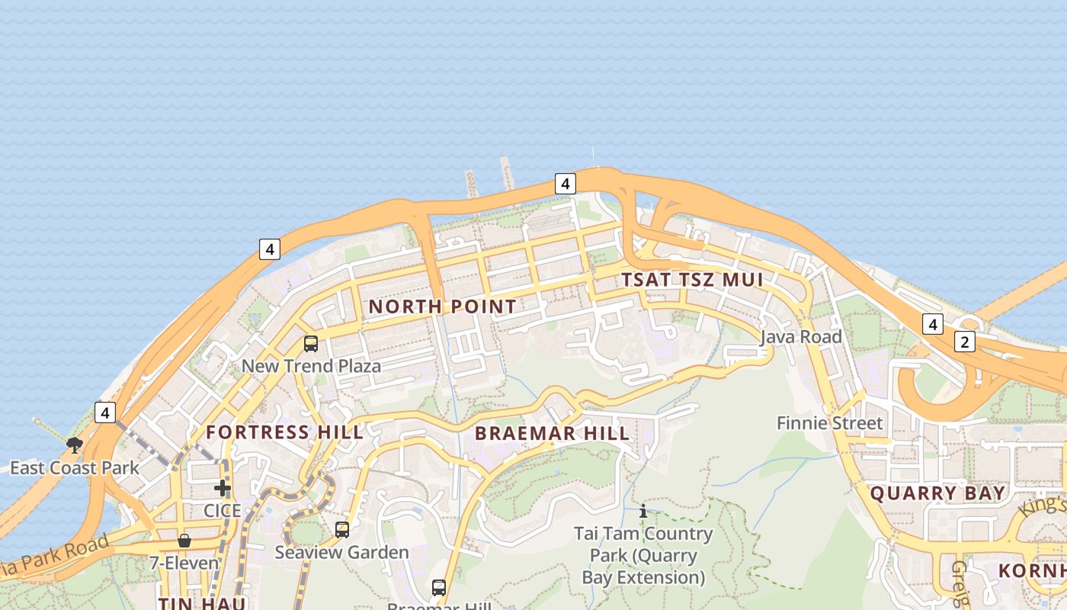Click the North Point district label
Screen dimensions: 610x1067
[442, 307]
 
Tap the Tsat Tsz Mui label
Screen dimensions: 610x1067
[692, 279]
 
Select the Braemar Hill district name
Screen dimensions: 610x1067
[553, 434]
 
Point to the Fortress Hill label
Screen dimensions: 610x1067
[284, 432]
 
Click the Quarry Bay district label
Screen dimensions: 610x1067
[937, 493]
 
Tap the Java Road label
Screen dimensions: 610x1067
[801, 337]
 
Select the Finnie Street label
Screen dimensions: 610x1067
[829, 423]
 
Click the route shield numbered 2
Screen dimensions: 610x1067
[964, 342]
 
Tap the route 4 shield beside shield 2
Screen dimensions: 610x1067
[932, 323]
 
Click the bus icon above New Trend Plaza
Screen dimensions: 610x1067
[311, 343]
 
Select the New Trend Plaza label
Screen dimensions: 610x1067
[311, 366]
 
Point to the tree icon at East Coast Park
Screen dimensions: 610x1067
[74, 445]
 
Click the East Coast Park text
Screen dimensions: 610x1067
[74, 467]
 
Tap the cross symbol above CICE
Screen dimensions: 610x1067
[223, 488]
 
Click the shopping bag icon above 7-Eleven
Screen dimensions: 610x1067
[184, 541]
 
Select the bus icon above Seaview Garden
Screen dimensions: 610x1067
[342, 529]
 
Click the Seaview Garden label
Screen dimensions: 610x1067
[341, 552]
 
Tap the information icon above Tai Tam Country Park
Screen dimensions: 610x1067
[643, 511]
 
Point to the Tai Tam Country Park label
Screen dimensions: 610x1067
[643, 555]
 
